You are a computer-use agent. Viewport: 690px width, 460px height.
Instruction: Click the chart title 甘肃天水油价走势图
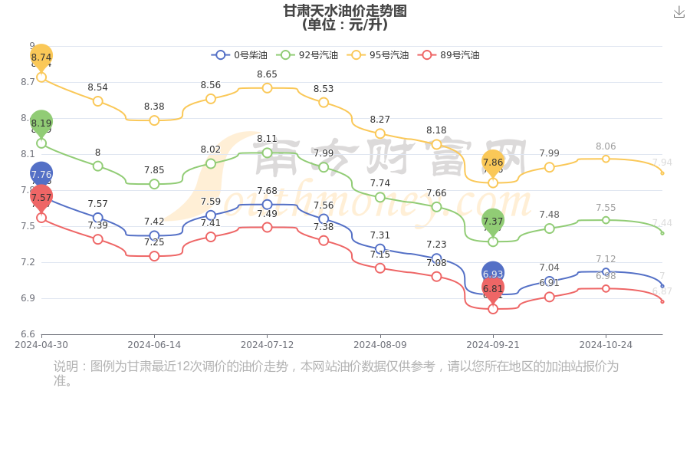click(x=345, y=11)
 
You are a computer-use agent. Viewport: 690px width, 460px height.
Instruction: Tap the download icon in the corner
click(x=679, y=11)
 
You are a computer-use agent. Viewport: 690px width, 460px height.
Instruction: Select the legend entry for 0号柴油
click(x=240, y=55)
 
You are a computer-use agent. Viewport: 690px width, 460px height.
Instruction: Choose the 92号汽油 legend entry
click(x=308, y=55)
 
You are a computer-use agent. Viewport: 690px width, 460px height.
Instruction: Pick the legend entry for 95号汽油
click(x=379, y=55)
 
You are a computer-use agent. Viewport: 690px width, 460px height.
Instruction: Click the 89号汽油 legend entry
click(x=449, y=55)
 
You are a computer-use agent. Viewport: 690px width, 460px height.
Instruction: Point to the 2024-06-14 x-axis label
click(x=154, y=345)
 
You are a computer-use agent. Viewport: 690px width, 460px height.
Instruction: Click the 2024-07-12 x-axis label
click(x=267, y=345)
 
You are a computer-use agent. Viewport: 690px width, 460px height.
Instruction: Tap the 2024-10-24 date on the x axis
click(x=606, y=345)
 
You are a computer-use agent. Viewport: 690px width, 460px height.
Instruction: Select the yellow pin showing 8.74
click(x=41, y=57)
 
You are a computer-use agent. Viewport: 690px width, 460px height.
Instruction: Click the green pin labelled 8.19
click(x=41, y=123)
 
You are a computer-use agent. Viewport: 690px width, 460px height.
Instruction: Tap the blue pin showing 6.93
click(x=493, y=273)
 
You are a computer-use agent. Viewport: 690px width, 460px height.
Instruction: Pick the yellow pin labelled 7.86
click(x=493, y=162)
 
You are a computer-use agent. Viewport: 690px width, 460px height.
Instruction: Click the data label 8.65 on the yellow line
click(x=267, y=74)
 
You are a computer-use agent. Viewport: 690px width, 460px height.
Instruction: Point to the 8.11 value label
click(x=267, y=139)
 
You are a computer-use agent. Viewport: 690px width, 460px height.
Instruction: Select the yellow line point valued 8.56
click(x=211, y=99)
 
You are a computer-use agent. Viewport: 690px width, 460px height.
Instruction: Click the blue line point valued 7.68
click(x=267, y=205)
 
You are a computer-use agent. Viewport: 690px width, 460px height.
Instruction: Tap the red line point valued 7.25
click(x=154, y=256)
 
